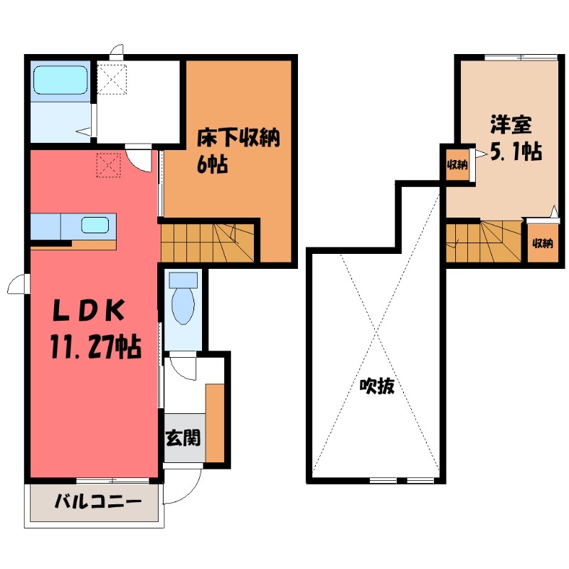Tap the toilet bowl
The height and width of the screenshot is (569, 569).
[184, 306]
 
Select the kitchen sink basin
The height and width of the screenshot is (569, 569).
[95, 226]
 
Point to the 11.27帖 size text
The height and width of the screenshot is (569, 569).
[94, 348]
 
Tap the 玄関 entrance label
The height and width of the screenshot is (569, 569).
[184, 437]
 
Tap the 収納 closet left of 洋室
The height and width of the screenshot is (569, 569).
[457, 166]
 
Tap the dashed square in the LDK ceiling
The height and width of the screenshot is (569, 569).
[110, 166]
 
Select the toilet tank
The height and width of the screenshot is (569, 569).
[184, 280]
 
